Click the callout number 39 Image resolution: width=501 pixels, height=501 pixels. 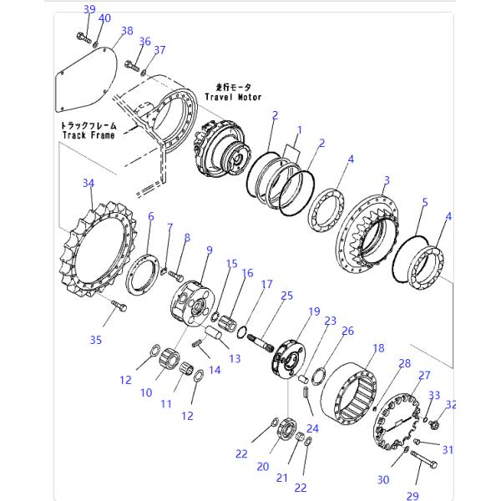coord(89,9)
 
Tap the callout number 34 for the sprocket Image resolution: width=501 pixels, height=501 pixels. coord(89,182)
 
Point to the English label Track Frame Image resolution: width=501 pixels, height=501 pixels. coord(88,134)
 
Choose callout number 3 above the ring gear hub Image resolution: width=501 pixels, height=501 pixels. coord(387,180)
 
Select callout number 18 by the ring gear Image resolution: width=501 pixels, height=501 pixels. coord(377,348)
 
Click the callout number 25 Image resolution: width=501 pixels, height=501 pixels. coord(286,296)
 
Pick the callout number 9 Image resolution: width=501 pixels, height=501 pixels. coord(208,249)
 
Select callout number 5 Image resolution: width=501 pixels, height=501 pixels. coord(425,202)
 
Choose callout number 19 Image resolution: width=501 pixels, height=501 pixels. coord(315,312)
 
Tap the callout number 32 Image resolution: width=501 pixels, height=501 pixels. coord(452,405)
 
